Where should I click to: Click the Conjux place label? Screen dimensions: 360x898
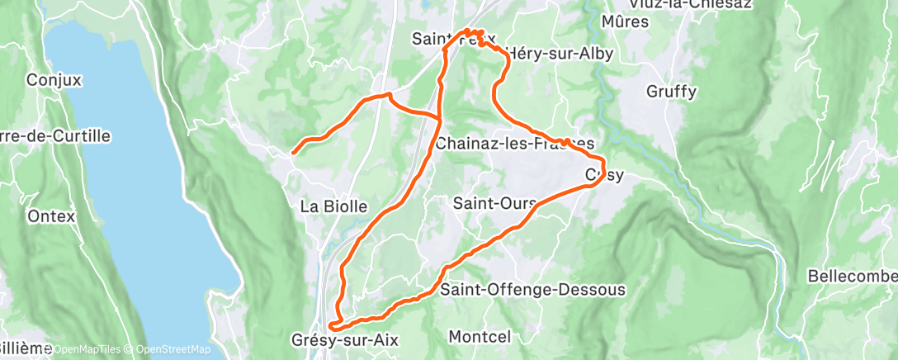pos(50,80)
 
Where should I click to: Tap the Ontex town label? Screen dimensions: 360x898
pos(51,216)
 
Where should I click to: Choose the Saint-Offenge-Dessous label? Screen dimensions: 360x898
pos(532,290)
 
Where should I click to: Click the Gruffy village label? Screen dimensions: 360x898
pos(672,91)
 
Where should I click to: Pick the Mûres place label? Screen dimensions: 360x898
pos(626,21)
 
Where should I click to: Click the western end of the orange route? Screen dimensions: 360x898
pos(293,152)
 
